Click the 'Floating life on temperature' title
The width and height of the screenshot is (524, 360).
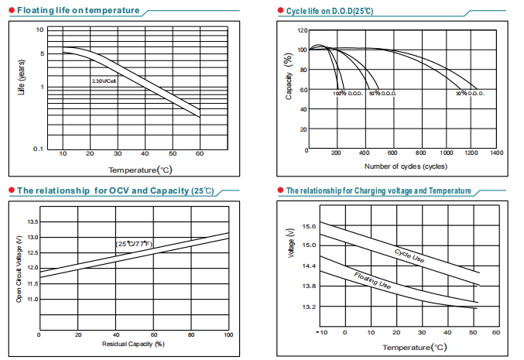77,11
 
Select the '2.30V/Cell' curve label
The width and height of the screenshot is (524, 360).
104,80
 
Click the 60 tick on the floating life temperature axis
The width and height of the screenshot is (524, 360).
200,155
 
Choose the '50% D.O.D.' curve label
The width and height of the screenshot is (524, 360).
382,94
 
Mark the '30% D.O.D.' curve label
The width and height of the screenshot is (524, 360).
470,94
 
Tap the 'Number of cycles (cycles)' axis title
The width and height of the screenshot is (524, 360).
405,166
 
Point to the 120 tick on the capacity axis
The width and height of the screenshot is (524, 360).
303,30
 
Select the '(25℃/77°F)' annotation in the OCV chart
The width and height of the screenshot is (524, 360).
135,244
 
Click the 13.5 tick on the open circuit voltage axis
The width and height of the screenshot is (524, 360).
33,221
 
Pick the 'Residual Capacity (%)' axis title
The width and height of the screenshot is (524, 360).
133,343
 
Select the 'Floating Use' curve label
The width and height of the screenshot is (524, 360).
372,280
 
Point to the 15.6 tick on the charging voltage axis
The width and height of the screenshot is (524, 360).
310,226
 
